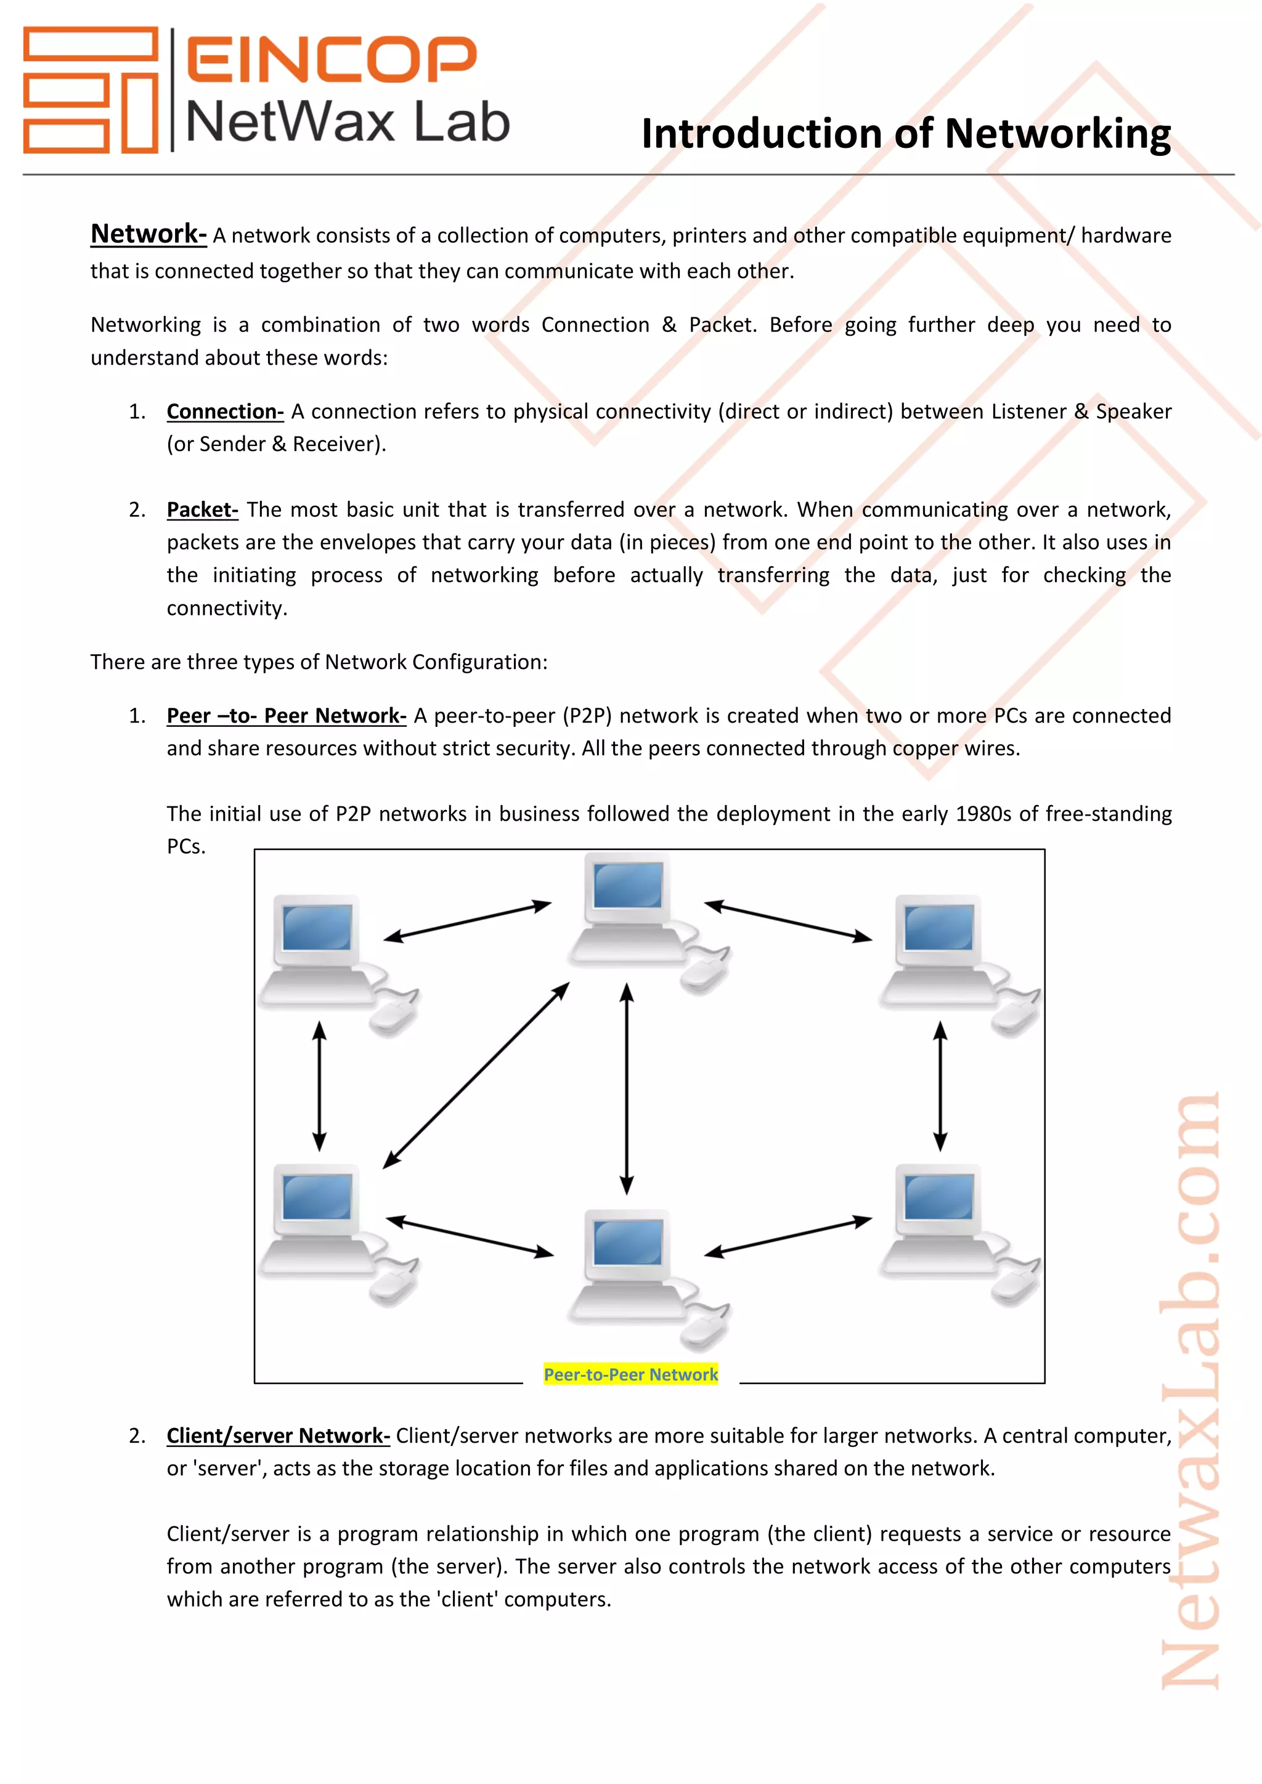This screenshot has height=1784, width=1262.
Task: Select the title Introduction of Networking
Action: [905, 134]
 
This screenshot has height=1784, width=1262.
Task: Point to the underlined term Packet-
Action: [202, 509]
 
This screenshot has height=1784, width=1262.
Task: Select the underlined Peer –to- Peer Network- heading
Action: [286, 716]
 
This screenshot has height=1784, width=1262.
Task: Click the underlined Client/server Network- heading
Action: [278, 1435]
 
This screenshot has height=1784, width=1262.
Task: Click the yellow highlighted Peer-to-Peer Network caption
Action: [630, 1374]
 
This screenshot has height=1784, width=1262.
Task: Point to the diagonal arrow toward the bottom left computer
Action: [476, 1076]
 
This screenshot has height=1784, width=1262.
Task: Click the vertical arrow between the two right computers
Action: [940, 1085]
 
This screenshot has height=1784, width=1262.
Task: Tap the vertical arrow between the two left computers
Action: [319, 1085]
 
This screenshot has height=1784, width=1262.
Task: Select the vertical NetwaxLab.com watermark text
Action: [1191, 1391]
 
